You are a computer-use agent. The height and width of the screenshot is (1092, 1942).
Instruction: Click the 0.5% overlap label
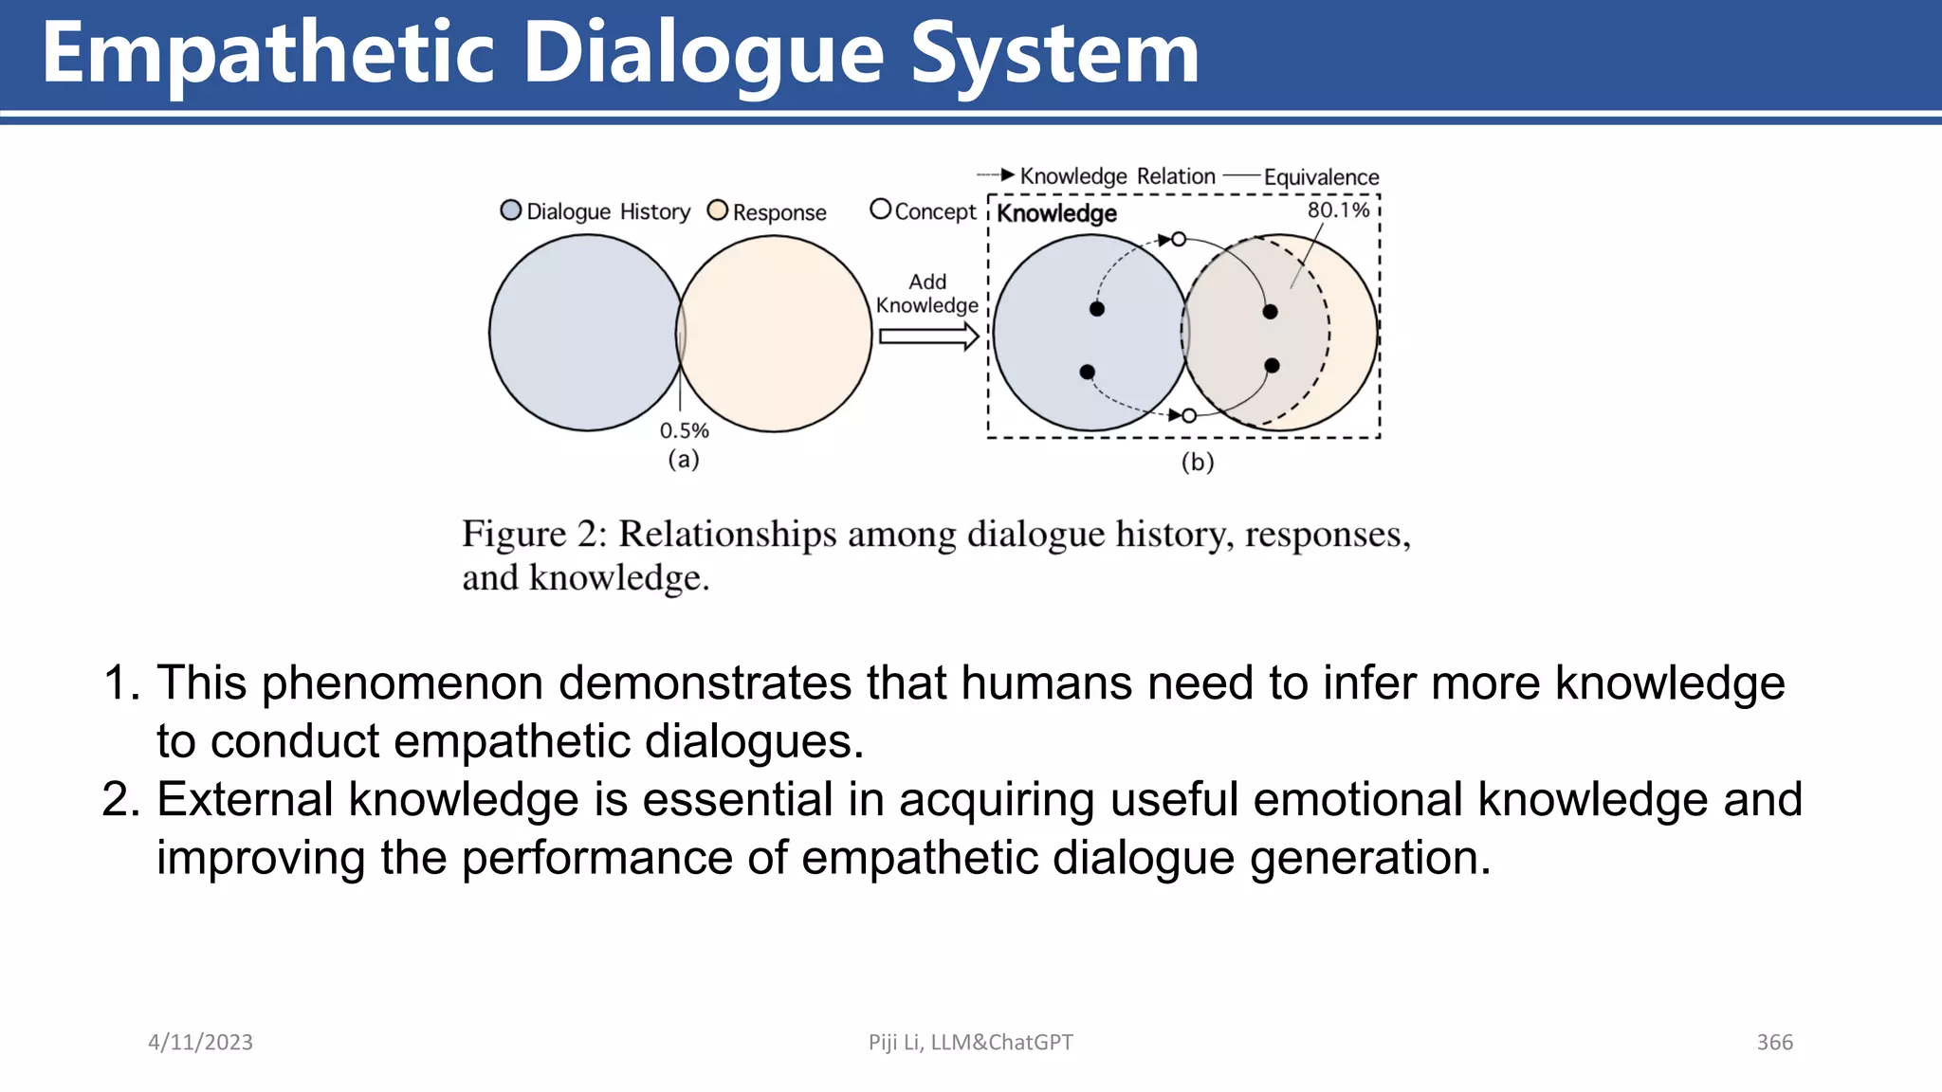(684, 430)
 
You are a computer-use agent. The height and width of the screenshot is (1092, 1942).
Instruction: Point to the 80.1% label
(1338, 209)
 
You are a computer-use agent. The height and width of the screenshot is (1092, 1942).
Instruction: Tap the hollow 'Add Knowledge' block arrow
(928, 337)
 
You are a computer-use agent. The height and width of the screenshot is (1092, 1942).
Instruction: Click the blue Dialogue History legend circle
(511, 210)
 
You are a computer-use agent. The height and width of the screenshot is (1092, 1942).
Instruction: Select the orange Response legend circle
(718, 210)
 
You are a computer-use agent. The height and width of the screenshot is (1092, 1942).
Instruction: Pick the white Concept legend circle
(880, 209)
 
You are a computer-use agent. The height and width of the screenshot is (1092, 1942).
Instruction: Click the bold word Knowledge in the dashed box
(1056, 213)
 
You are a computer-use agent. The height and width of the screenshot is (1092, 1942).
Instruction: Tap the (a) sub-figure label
(683, 460)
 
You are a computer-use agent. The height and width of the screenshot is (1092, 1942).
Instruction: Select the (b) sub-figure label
(1198, 463)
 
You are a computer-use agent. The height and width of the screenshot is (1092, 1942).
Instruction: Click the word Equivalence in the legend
(1321, 177)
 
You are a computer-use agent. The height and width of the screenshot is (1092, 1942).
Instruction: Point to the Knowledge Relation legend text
(1117, 176)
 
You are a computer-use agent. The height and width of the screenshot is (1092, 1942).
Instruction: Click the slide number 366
(1774, 1043)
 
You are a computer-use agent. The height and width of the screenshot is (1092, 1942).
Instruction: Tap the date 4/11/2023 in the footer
(200, 1043)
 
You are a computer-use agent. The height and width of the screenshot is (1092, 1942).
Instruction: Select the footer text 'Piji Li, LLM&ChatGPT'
(970, 1043)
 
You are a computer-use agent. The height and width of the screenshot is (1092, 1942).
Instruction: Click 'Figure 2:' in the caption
(533, 535)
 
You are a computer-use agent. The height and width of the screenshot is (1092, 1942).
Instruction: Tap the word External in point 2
(245, 799)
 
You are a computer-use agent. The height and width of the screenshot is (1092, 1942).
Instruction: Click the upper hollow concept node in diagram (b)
(1179, 239)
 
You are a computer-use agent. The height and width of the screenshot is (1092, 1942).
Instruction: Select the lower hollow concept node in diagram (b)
(1189, 415)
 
